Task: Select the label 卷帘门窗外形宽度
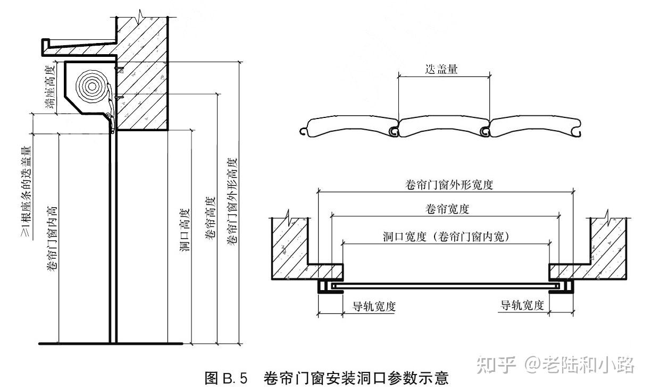click(x=446, y=185)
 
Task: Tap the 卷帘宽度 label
click(x=446, y=209)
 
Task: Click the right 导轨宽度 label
click(x=522, y=305)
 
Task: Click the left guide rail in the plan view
click(x=324, y=287)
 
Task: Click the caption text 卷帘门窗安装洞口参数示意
click(x=356, y=378)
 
